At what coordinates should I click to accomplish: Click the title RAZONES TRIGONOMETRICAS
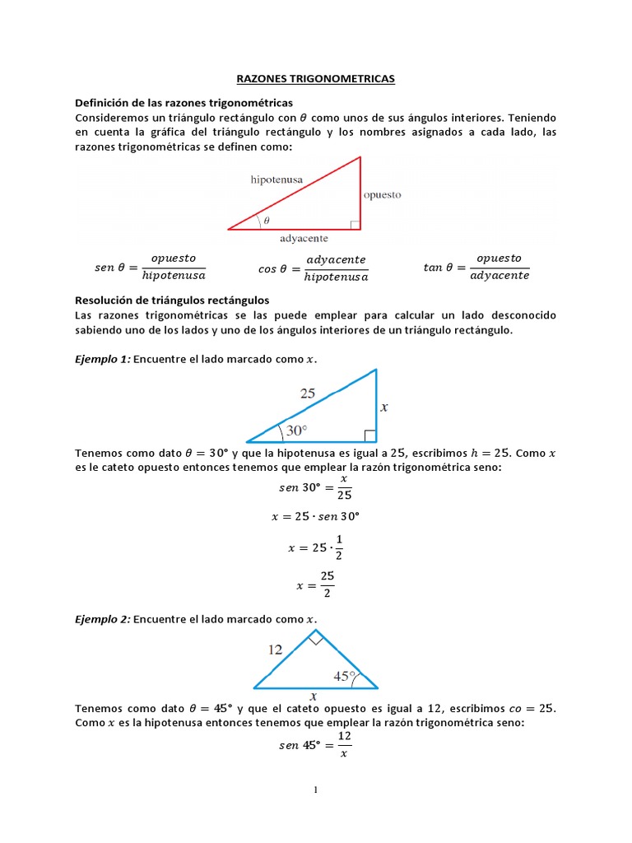(x=316, y=78)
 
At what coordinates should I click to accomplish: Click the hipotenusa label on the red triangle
(x=278, y=179)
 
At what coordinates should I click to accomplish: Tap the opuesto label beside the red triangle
(x=382, y=195)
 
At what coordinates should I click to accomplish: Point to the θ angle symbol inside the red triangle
(x=266, y=221)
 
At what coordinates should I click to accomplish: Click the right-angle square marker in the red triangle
(x=355, y=224)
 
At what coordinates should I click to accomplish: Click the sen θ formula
(x=150, y=267)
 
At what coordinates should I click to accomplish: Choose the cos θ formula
(x=314, y=267)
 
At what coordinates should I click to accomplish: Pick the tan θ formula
(x=476, y=267)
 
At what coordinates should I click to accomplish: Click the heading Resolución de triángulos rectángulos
(x=172, y=300)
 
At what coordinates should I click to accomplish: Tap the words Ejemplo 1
(x=102, y=359)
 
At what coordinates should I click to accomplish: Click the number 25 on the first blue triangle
(x=307, y=394)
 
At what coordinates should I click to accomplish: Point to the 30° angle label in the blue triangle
(x=295, y=430)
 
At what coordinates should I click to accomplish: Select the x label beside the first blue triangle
(x=383, y=407)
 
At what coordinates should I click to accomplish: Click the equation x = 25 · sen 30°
(x=316, y=517)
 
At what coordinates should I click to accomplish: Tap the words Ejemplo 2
(x=102, y=618)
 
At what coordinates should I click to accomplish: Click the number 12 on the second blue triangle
(x=275, y=650)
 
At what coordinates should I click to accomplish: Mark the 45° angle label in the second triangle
(x=344, y=676)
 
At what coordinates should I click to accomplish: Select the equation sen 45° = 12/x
(x=316, y=744)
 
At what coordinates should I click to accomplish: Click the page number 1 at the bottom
(x=315, y=790)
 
